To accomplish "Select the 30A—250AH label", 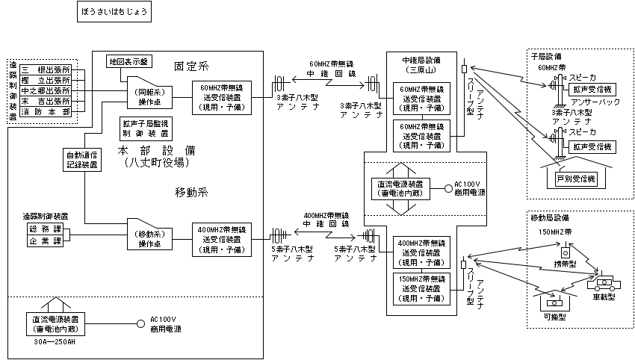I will point(49,343).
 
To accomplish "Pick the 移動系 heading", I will point(192,193).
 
